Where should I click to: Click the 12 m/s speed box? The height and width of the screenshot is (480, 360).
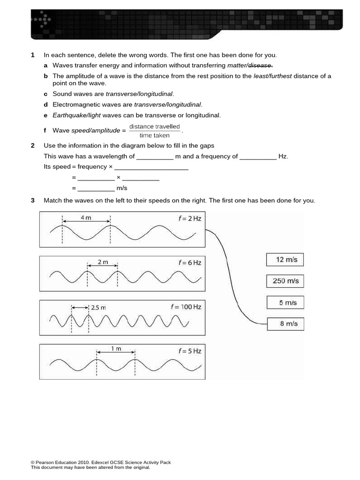click(285, 260)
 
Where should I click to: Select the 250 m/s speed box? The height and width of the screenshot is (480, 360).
click(285, 281)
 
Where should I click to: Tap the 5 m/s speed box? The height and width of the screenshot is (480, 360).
click(285, 303)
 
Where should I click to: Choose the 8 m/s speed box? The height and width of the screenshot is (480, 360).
click(285, 324)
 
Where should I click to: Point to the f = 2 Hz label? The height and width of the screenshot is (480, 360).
click(189, 218)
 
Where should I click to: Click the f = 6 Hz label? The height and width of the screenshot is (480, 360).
click(189, 263)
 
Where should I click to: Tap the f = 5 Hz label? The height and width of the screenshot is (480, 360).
click(189, 351)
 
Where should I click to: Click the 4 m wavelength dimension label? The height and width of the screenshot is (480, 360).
click(86, 217)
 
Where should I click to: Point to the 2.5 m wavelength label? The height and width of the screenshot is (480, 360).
click(98, 307)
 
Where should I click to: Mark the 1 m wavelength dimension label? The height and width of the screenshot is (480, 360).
click(116, 349)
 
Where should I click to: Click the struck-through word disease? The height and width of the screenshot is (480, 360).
click(260, 66)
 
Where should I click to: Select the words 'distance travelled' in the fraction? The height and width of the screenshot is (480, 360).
click(154, 127)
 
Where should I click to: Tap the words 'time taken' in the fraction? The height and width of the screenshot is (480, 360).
click(154, 135)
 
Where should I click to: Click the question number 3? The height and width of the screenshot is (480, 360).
click(33, 201)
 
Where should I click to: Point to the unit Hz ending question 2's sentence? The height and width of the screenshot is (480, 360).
click(283, 157)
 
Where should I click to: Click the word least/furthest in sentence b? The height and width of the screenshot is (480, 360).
click(272, 76)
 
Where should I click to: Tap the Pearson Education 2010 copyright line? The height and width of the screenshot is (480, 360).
click(101, 462)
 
